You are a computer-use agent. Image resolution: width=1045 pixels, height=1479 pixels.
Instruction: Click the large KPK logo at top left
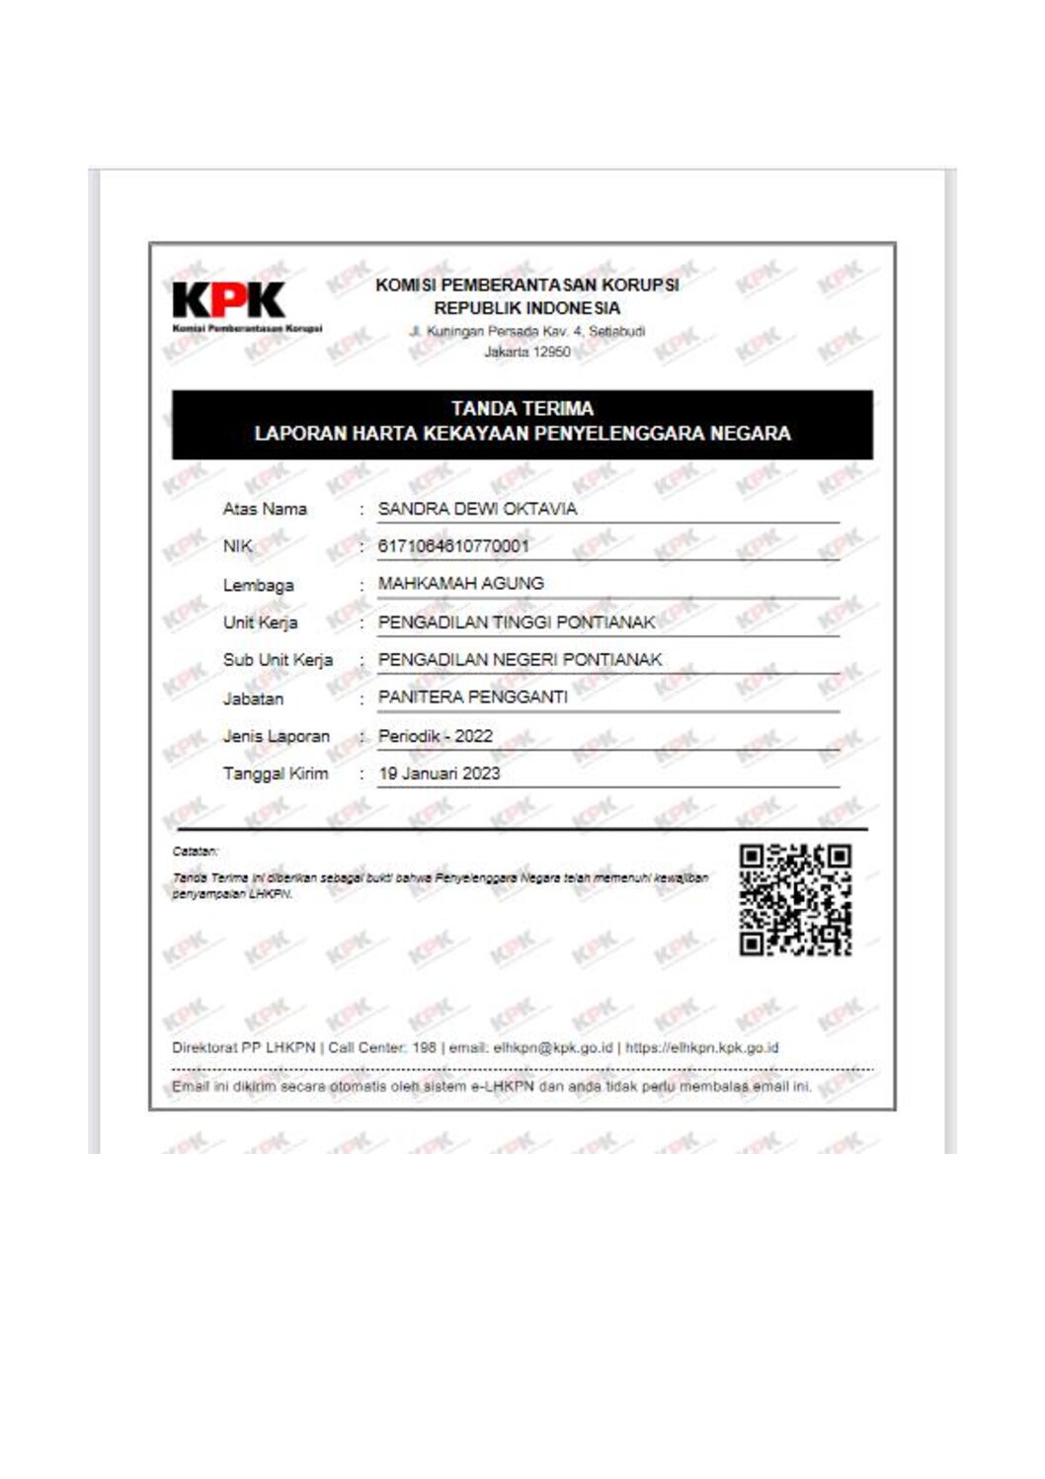coord(228,299)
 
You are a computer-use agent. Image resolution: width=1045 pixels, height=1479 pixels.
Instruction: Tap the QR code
coord(795,899)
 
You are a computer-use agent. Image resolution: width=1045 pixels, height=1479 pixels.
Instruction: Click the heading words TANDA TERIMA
coord(522,408)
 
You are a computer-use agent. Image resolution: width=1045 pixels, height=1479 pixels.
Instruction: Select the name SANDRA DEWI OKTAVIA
coord(477,509)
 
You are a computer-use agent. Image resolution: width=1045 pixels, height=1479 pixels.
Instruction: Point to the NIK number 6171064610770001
coord(453,546)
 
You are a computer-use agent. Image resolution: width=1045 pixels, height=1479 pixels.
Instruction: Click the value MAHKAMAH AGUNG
coord(460,584)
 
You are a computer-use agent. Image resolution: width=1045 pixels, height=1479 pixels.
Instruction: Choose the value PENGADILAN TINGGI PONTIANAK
coord(517,622)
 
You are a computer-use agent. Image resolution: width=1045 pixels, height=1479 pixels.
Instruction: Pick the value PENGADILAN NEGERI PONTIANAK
coord(520,660)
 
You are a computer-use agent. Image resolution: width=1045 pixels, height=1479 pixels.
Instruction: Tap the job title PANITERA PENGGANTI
coord(472,698)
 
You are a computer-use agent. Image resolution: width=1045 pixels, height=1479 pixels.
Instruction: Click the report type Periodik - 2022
coord(435,736)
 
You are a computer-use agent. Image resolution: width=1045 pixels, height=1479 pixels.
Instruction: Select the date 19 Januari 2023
coord(440,774)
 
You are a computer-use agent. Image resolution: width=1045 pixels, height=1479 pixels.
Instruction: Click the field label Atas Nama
coord(265,510)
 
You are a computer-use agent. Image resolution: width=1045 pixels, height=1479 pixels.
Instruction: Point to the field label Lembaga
coord(258,586)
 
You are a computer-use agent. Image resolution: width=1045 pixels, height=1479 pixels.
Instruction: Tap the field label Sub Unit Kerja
coord(278,660)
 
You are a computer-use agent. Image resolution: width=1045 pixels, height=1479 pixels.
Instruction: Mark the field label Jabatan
coord(253,698)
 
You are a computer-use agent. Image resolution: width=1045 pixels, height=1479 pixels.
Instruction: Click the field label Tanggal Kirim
coord(276,774)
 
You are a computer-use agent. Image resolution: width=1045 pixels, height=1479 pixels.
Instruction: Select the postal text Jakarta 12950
coord(526,352)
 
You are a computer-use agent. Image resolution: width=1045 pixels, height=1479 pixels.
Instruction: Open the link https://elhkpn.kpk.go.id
coord(702,1047)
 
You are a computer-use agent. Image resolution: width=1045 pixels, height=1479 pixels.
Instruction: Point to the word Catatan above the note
coord(194,851)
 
